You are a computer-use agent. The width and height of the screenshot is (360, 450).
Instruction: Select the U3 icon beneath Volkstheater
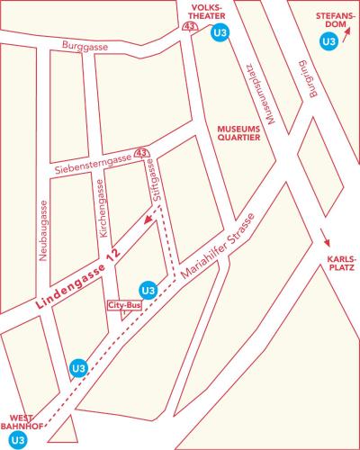click(217, 34)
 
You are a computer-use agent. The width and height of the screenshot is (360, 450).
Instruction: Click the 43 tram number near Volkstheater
click(190, 28)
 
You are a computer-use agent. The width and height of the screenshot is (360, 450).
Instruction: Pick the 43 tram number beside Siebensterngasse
click(140, 154)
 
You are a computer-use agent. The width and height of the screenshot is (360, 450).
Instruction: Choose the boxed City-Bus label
click(125, 306)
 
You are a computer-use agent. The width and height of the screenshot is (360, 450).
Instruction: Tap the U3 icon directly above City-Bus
click(148, 290)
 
